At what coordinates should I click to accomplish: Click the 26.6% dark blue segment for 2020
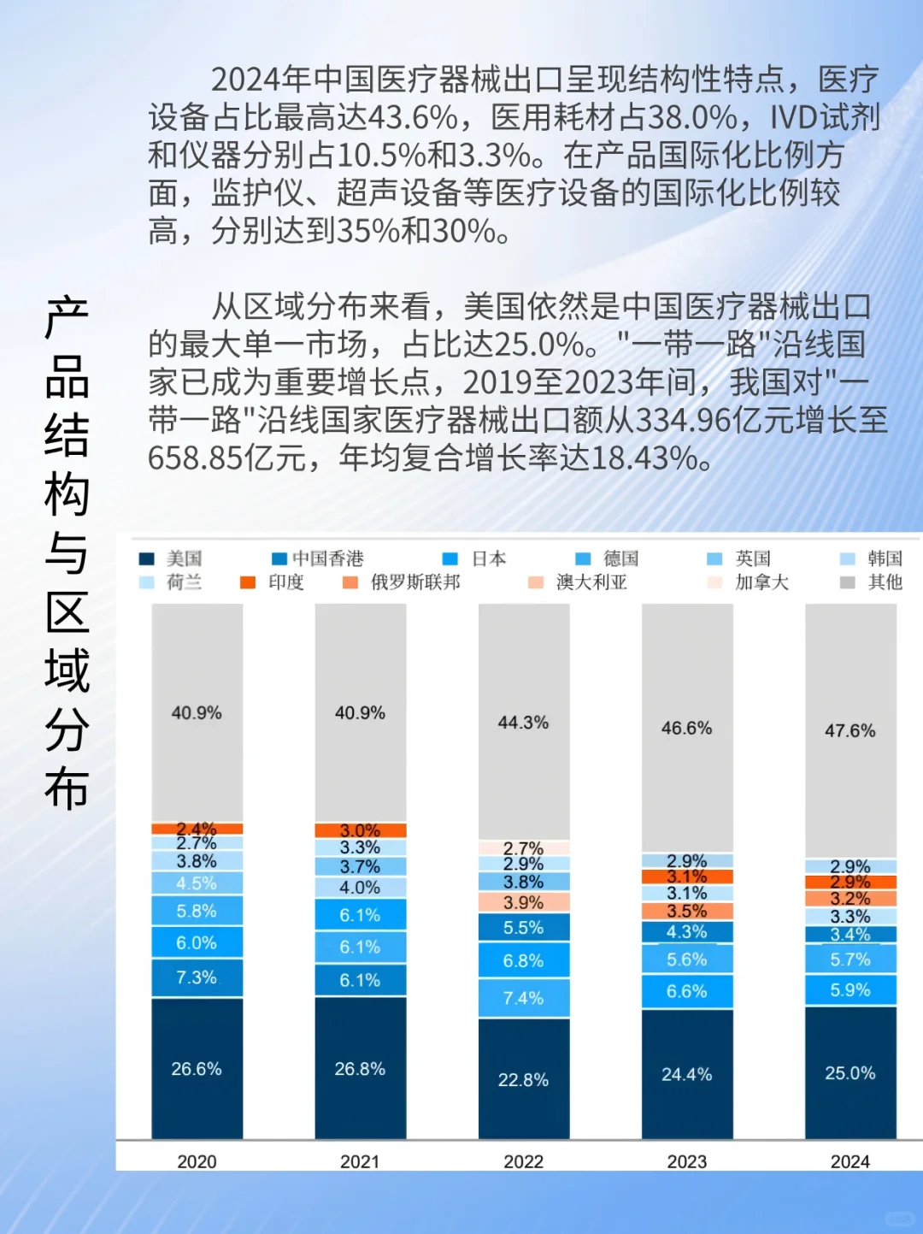coord(197,1068)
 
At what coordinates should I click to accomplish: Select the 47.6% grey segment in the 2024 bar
coord(850,730)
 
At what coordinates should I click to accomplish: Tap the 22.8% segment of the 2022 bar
coord(523,1079)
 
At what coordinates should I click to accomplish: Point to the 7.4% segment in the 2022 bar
coord(523,998)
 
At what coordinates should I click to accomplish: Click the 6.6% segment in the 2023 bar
coord(686,991)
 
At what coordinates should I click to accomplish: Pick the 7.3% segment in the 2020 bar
coord(197,977)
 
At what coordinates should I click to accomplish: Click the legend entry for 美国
coord(171,558)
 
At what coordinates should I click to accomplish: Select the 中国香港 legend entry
coord(318,558)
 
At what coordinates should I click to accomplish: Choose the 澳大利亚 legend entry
coord(579,582)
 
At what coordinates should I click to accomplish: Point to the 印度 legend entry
coord(273,582)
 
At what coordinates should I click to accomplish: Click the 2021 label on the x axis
coord(360,1161)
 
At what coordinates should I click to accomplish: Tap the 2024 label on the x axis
coord(850,1161)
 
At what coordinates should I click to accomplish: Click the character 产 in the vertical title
coord(67,318)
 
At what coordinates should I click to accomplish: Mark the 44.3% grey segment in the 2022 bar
coord(523,723)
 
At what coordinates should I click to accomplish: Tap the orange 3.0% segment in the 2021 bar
coord(360,830)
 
